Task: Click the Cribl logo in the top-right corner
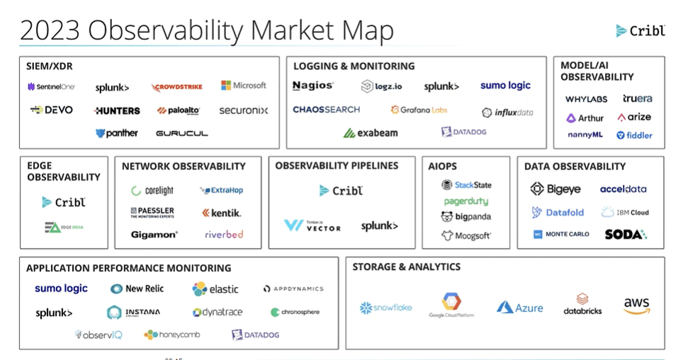640,30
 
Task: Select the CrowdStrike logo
176,86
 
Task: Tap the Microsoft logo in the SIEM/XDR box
243,86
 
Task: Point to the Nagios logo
312,86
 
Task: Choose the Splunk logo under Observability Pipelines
379,226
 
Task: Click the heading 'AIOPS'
443,167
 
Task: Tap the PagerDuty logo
466,201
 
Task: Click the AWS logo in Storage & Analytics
636,306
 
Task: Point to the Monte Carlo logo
561,234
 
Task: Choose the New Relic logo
137,288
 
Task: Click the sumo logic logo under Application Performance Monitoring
61,288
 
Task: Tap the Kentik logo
221,213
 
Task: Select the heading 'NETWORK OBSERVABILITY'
184,167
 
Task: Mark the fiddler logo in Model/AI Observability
634,135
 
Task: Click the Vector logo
312,225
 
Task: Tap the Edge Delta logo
63,227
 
